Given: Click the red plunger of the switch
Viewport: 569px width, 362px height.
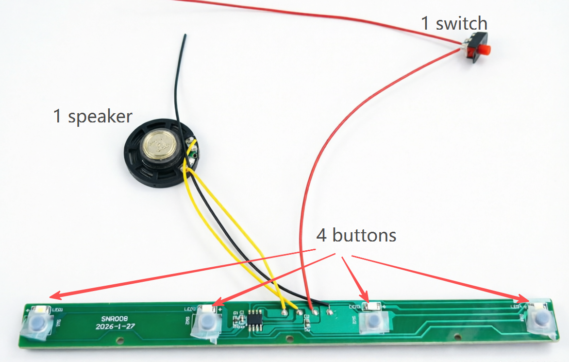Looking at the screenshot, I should pos(484,50).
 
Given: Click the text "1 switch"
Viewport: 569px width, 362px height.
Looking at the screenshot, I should pos(454,23).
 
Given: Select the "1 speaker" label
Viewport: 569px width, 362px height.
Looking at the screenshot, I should pos(92,117).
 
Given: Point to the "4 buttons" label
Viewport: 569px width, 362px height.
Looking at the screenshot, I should pos(356,236).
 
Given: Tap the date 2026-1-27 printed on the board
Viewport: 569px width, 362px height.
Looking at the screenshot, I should pos(116,327).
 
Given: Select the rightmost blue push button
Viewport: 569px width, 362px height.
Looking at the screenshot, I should pos(539,319).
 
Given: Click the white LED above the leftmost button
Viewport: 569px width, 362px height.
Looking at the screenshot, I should pos(39,310).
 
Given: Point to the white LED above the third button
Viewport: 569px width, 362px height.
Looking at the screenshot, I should pos(373,307).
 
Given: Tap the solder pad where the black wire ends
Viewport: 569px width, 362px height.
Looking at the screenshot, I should pos(330,311).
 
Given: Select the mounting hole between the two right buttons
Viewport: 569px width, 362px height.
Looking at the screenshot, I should pos(456,335).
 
